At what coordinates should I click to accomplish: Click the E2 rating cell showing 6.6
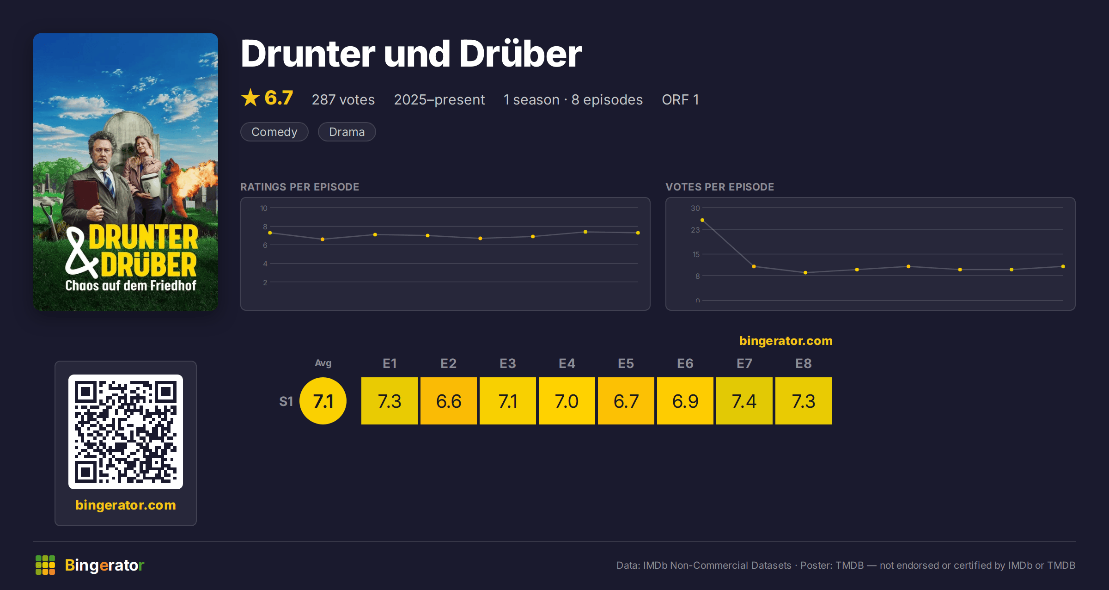(x=449, y=401)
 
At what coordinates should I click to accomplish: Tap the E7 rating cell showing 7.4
(x=744, y=401)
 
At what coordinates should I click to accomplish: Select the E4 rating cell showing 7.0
(x=567, y=401)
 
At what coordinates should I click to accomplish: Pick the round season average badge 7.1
(x=323, y=401)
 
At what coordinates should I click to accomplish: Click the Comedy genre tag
(x=274, y=132)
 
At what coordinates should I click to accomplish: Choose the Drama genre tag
(x=347, y=132)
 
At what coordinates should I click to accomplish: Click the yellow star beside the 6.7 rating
(x=250, y=98)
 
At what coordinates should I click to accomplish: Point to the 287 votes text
(x=343, y=99)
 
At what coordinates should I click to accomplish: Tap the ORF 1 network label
(x=680, y=99)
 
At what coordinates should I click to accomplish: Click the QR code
(x=126, y=432)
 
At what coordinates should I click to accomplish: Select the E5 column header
(x=626, y=363)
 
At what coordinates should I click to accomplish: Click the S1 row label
(x=286, y=401)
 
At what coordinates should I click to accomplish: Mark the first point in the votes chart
(x=702, y=220)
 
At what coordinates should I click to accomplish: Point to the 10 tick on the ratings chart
(x=264, y=208)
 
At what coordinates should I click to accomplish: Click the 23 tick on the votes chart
(x=695, y=230)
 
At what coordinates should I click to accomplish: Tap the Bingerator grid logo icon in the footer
(x=45, y=565)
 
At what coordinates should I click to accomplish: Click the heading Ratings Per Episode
(x=300, y=187)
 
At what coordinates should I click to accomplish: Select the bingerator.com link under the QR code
(x=126, y=505)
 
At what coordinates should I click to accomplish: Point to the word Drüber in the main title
(x=520, y=54)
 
